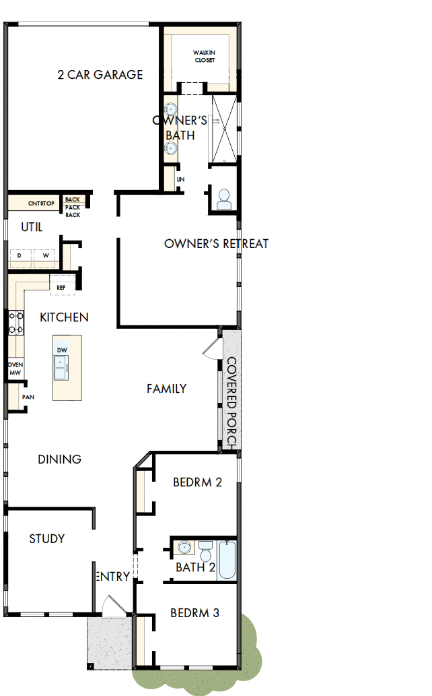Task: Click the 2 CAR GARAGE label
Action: (x=100, y=74)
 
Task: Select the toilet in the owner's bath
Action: (x=223, y=197)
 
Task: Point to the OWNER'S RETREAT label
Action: (x=216, y=243)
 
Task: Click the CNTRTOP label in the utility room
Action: (x=40, y=203)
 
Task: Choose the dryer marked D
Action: (x=19, y=256)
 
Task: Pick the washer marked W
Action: (x=46, y=256)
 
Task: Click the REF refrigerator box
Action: (x=61, y=287)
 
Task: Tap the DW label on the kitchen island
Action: (x=62, y=350)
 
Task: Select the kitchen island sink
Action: (x=62, y=369)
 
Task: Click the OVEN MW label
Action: (x=15, y=368)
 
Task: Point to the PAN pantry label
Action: (x=28, y=397)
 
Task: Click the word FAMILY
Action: (x=166, y=389)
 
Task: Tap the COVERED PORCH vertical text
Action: (x=231, y=403)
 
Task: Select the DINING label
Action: (x=59, y=460)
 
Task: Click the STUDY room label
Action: (x=47, y=539)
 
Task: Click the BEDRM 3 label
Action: (x=194, y=613)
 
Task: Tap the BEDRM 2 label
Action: (x=197, y=482)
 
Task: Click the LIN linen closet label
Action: (x=180, y=180)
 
